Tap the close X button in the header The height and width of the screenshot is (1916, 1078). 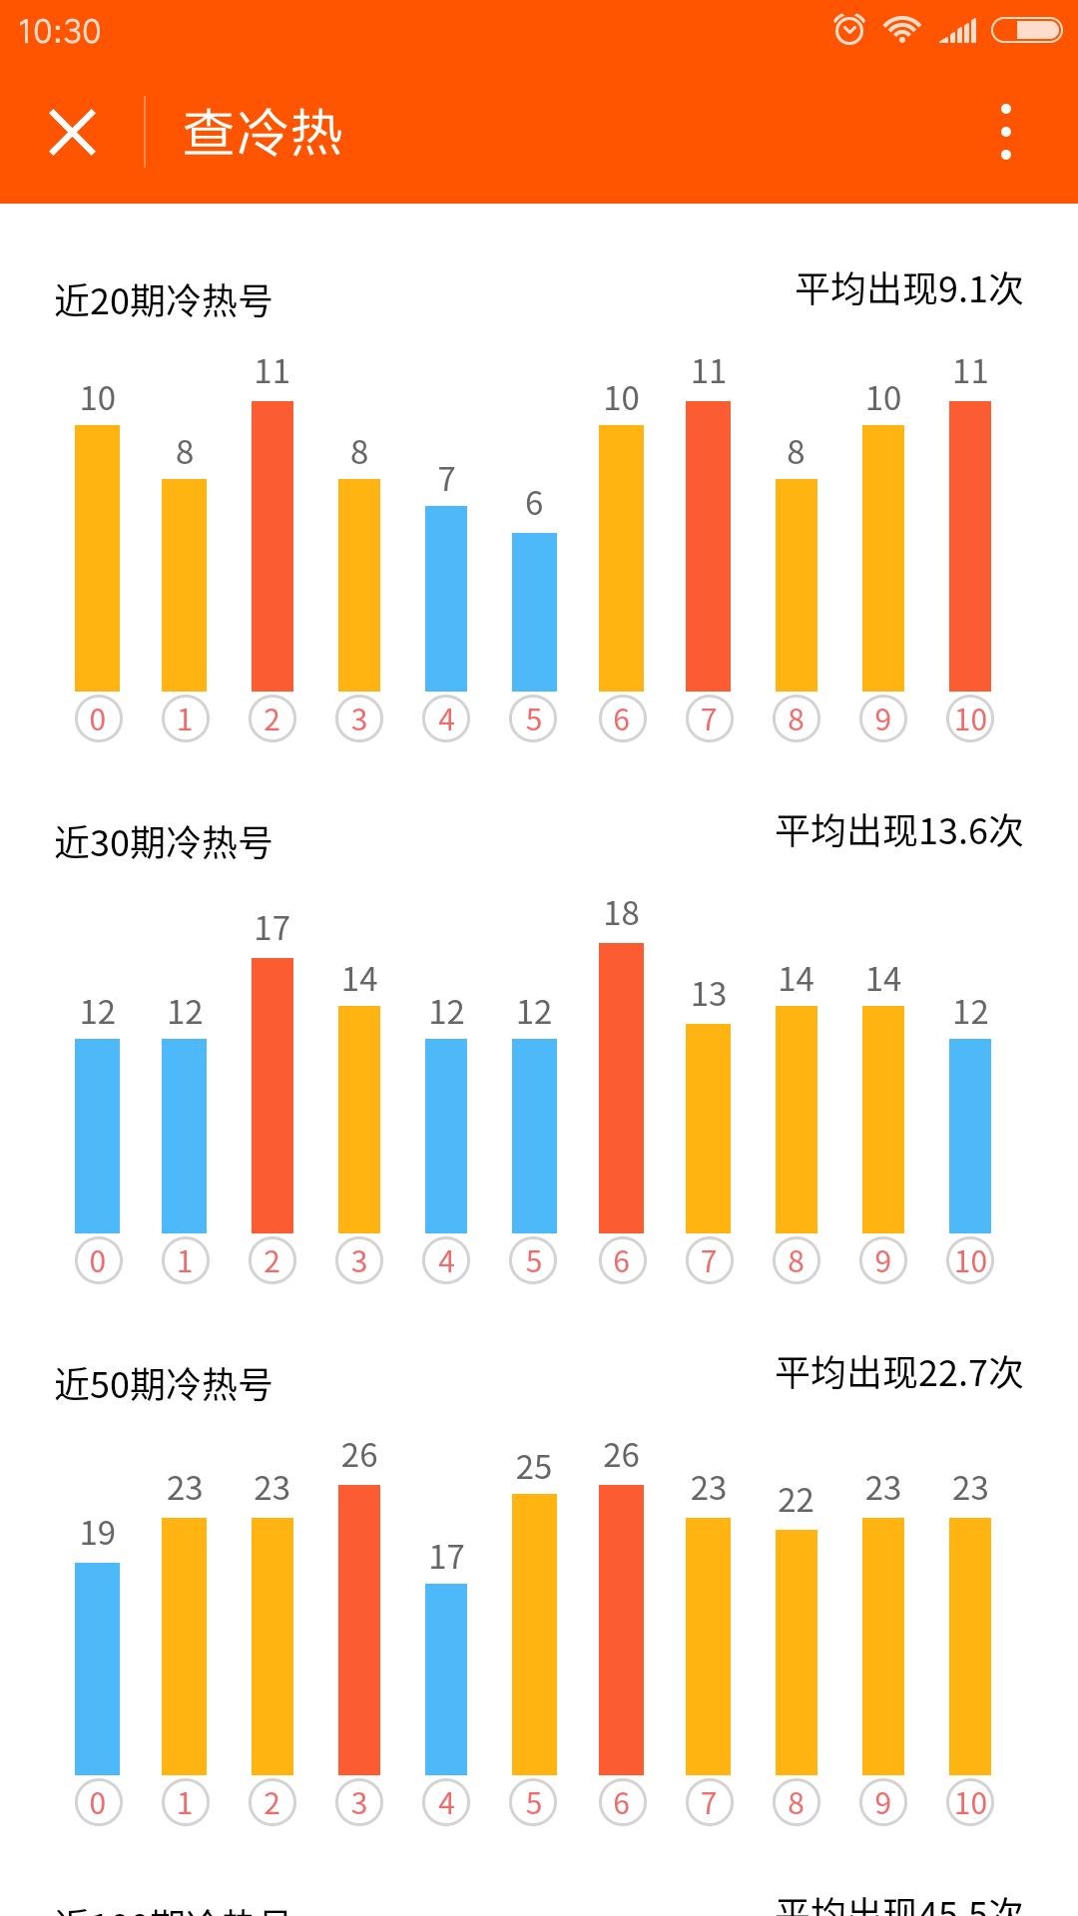pyautogui.click(x=73, y=133)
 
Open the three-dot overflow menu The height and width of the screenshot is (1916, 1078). pyautogui.click(x=1005, y=132)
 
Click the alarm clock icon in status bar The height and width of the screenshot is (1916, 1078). pyautogui.click(x=849, y=30)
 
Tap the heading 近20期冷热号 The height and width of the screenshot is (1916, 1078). pyautogui.click(x=164, y=300)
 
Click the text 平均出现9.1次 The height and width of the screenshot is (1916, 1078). pyautogui.click(x=909, y=289)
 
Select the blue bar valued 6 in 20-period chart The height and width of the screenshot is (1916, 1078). pyautogui.click(x=534, y=612)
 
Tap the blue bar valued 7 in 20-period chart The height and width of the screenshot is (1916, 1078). pyautogui.click(x=446, y=599)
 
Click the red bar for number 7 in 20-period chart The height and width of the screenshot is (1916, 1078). pyautogui.click(x=708, y=546)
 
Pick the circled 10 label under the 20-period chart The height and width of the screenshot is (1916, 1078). pyautogui.click(x=970, y=719)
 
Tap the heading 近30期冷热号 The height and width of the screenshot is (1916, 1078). pyautogui.click(x=164, y=842)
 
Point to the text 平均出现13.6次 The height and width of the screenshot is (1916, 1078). pyautogui.click(x=899, y=831)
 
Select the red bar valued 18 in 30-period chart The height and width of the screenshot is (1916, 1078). pyautogui.click(x=621, y=1088)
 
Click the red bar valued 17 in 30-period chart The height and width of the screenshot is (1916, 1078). pyautogui.click(x=272, y=1095)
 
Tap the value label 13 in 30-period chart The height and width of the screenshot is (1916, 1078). pyautogui.click(x=709, y=994)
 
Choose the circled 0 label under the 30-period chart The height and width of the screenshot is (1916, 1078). pyautogui.click(x=98, y=1261)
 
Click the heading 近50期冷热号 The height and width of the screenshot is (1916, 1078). pyautogui.click(x=164, y=1384)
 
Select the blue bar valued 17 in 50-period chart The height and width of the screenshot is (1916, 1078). pyautogui.click(x=446, y=1678)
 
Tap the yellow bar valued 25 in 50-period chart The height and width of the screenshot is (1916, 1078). pyautogui.click(x=534, y=1634)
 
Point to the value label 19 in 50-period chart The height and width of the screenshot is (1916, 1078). pyautogui.click(x=98, y=1533)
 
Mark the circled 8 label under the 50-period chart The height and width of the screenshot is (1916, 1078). pyautogui.click(x=796, y=1803)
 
